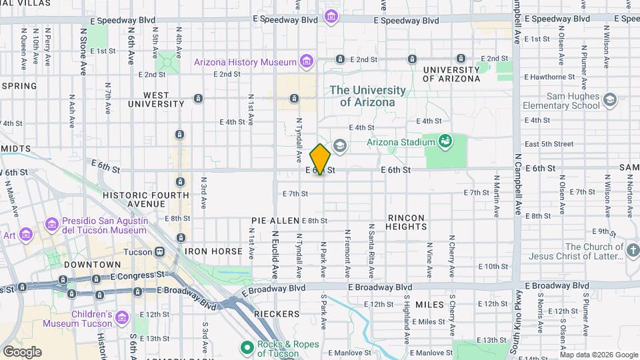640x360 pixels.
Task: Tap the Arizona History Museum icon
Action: tap(306, 62)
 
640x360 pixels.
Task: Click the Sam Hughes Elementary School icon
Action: tap(609, 101)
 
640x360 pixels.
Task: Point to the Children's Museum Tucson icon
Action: tap(122, 318)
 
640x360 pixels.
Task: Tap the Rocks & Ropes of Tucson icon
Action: tap(247, 347)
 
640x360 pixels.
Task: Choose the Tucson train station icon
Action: tap(159, 251)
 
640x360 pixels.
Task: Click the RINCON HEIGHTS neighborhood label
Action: tap(407, 222)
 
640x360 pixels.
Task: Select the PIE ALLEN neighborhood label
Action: tap(275, 221)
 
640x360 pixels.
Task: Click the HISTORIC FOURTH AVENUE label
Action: tap(134, 199)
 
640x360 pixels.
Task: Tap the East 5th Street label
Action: tap(548, 143)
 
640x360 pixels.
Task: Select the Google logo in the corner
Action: tap(22, 351)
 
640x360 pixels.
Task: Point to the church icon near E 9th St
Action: tap(633, 251)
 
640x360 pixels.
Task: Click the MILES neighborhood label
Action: tap(429, 305)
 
